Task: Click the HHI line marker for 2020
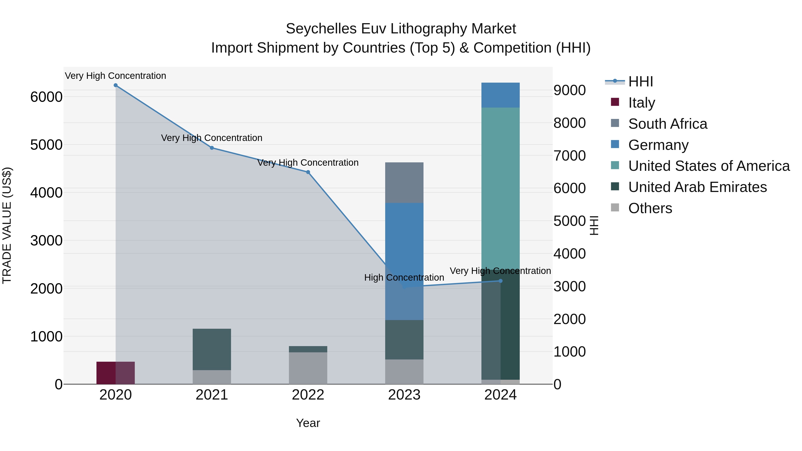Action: pyautogui.click(x=115, y=85)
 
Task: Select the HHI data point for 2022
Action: pyautogui.click(x=308, y=172)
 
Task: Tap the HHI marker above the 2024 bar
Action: pyautogui.click(x=500, y=281)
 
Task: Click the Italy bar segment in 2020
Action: pyautogui.click(x=115, y=373)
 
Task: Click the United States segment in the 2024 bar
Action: pyautogui.click(x=500, y=187)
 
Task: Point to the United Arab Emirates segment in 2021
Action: pyautogui.click(x=212, y=349)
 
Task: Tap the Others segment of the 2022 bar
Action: pyautogui.click(x=308, y=368)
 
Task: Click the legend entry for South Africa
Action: pyautogui.click(x=667, y=124)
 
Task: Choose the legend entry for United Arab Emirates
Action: pyautogui.click(x=697, y=187)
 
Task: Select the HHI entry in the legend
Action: pyautogui.click(x=640, y=82)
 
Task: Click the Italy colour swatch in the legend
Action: pyautogui.click(x=615, y=102)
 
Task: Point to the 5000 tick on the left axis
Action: pyautogui.click(x=46, y=145)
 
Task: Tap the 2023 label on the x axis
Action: pyautogui.click(x=404, y=395)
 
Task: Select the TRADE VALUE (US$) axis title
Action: pyautogui.click(x=7, y=225)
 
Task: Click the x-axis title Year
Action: pyautogui.click(x=308, y=423)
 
